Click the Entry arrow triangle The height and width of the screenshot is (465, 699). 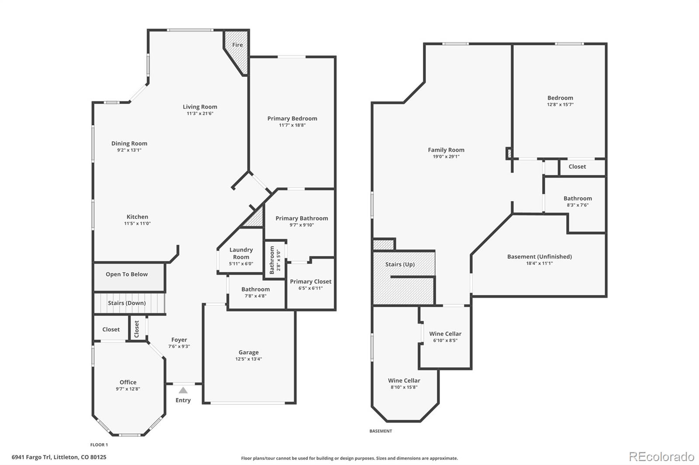click(183, 390)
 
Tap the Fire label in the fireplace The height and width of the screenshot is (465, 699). click(237, 45)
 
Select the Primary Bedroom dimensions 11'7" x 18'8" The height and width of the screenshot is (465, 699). click(292, 125)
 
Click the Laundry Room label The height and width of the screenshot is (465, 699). click(241, 253)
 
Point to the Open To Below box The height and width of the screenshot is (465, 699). click(127, 274)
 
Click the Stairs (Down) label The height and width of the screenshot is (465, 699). click(127, 303)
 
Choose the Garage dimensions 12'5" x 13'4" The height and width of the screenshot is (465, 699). click(249, 359)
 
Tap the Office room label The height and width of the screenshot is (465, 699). click(128, 382)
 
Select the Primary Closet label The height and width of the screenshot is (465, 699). click(311, 281)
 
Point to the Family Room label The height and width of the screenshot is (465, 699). click(446, 150)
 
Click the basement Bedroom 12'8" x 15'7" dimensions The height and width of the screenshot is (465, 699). click(560, 105)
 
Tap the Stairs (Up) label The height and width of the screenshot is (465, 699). click(400, 264)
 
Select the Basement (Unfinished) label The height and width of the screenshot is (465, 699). click(539, 256)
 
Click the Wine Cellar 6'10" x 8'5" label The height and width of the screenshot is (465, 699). click(445, 334)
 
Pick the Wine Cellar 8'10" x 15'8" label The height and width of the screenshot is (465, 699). click(404, 380)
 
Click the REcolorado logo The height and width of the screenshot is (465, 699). click(661, 457)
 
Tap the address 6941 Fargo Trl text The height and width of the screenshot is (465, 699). click(59, 457)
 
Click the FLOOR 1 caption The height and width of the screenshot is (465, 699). click(99, 445)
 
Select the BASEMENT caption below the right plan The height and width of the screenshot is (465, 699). click(381, 431)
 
